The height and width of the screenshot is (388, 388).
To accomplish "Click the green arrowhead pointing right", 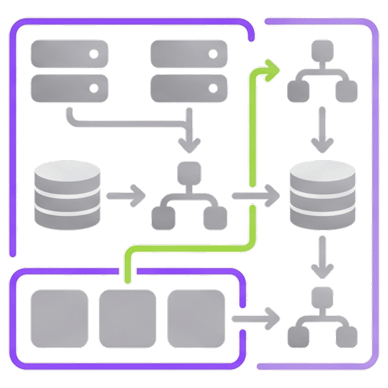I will pos(271,70).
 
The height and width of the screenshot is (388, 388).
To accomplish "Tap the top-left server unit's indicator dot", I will pos(94,54).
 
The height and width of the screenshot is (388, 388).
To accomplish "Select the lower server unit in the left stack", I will pos(69,88).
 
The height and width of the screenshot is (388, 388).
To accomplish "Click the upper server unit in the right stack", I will pos(189,54).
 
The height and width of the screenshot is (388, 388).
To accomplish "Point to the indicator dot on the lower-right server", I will pos(214,88).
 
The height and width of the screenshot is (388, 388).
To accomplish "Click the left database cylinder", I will pos(67,195).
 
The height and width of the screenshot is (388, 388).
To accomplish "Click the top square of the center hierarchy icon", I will pos(190,171).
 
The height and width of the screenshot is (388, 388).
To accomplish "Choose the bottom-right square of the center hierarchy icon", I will pos(216,218).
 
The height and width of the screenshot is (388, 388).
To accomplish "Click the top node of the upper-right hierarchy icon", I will pos(323,49).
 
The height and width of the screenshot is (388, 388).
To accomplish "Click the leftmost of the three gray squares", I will pos(59,318).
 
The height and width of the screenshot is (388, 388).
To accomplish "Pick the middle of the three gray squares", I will pos(127,318).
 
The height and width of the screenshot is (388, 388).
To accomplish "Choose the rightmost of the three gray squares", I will pos(196,318).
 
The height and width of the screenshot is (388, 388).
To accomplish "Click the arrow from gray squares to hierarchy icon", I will pos(256,318).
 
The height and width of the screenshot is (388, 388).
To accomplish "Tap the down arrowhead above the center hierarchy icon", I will pos(190,145).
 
